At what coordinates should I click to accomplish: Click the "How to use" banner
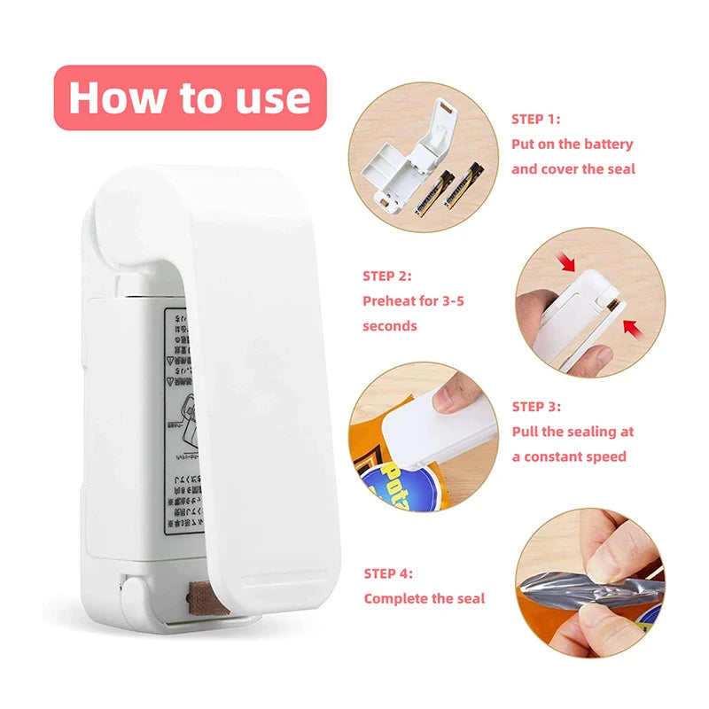pos(190,97)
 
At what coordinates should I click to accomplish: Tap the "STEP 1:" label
pos(535,119)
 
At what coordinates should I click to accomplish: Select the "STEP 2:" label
pos(387,276)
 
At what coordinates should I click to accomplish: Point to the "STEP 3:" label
pos(536,407)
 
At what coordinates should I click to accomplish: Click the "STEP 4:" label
pos(387,573)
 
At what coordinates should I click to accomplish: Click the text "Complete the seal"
pos(425,598)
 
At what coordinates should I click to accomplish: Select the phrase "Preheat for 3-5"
pos(413,300)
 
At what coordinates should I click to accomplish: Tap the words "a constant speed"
pos(568,456)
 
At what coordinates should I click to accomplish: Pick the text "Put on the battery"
pos(572,144)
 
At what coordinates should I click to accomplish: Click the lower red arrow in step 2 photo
pos(632,329)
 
